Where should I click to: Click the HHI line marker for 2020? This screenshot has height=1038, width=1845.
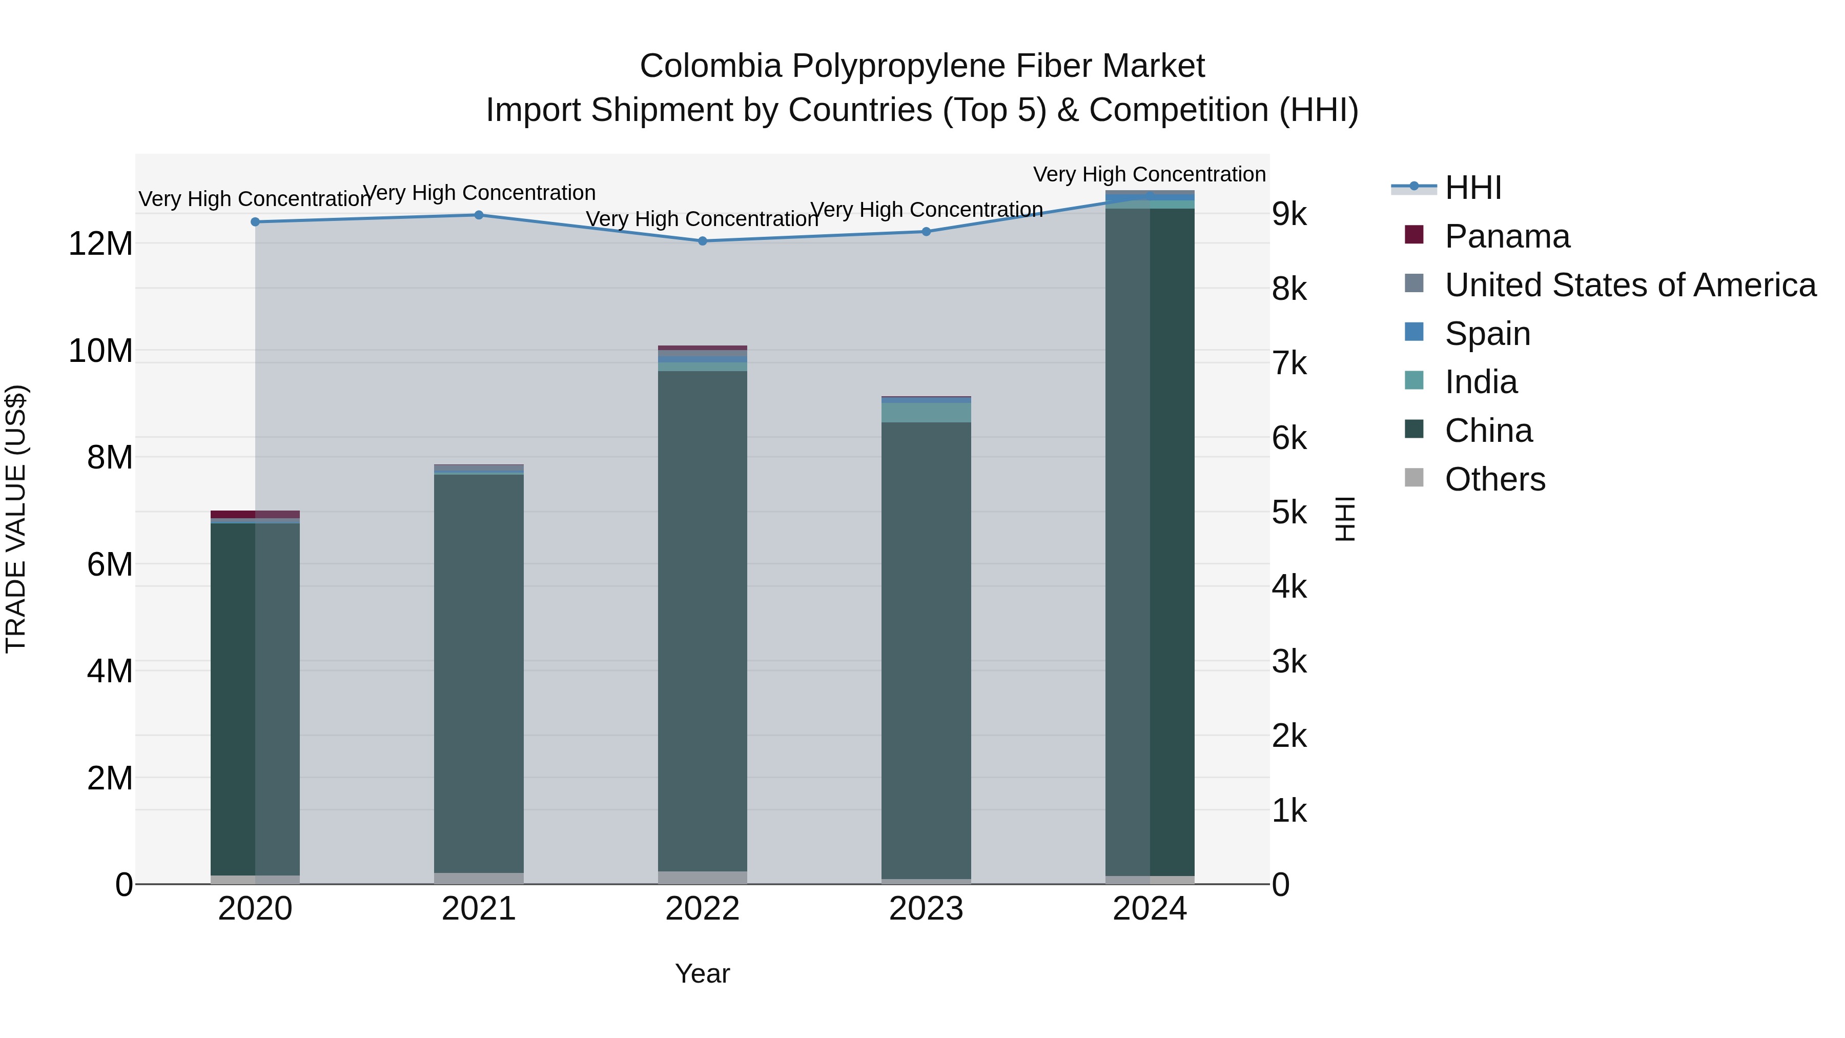click(x=255, y=222)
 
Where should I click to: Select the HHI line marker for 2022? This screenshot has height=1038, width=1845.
click(x=703, y=241)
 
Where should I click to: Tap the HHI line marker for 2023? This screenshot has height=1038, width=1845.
click(x=926, y=231)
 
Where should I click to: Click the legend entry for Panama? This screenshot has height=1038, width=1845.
click(x=1506, y=236)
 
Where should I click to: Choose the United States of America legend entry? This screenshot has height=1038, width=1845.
click(x=1629, y=285)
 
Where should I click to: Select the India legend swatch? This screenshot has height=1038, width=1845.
click(x=1414, y=381)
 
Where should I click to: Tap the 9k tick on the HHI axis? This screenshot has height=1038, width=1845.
click(x=1289, y=215)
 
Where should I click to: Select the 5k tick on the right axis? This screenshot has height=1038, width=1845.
click(x=1289, y=513)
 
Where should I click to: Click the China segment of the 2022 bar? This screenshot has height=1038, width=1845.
click(x=703, y=616)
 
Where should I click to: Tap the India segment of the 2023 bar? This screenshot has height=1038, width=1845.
click(x=926, y=413)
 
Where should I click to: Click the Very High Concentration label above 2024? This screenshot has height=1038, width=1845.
click(x=1149, y=174)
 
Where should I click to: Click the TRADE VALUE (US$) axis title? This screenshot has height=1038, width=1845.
click(x=16, y=519)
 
